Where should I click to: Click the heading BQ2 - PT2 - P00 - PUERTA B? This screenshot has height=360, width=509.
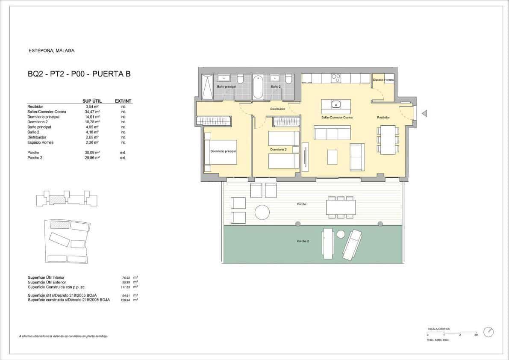coord(79,74)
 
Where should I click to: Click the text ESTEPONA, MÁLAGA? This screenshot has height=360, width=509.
coord(51,50)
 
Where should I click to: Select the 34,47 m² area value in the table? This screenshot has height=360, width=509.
coord(92,112)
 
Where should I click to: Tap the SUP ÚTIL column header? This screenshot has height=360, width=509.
coord(91,101)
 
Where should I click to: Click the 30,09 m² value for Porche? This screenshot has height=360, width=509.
coord(92,153)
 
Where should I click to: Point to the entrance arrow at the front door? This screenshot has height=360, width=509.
coord(424,113)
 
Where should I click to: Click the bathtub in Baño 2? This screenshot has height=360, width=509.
coord(258,87)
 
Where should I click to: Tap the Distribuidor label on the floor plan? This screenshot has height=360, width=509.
coord(277,109)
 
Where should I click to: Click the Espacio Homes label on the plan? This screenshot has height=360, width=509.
coord(383,80)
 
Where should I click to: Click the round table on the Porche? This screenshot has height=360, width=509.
coord(262,212)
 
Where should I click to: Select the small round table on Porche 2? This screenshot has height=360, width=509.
coord(341,234)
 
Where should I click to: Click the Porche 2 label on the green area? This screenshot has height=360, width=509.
coord(303,241)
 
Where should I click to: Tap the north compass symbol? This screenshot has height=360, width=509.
coord(488,332)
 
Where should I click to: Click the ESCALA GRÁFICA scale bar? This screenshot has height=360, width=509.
coord(452,333)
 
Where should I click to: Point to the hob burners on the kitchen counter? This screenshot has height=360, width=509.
coord(336,78)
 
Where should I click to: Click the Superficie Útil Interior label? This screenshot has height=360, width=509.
coord(46,277)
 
